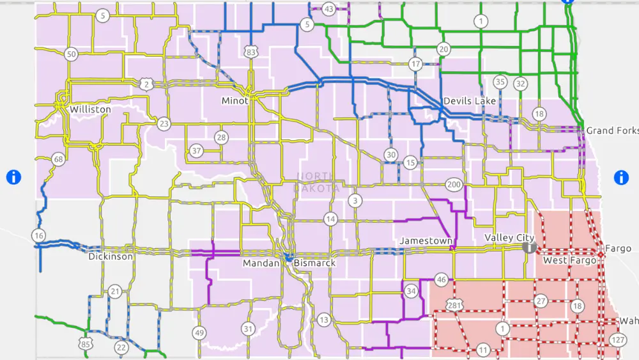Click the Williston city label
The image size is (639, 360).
pyautogui.click(x=90, y=109)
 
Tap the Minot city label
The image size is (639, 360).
pyautogui.click(x=235, y=101)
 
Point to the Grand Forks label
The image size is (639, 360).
pyautogui.click(x=612, y=130)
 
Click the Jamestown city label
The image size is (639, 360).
pyautogui.click(x=426, y=241)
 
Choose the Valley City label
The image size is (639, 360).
pyautogui.click(x=509, y=238)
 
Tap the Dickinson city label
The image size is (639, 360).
pyautogui.click(x=111, y=256)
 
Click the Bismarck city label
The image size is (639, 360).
pyautogui.click(x=314, y=263)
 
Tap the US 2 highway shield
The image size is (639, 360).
pyautogui.click(x=147, y=84)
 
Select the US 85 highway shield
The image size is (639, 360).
pyautogui.click(x=87, y=344)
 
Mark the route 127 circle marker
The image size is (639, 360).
pyautogui.click(x=618, y=339)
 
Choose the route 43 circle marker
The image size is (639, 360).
pyautogui.click(x=329, y=9)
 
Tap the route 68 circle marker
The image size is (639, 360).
pyautogui.click(x=59, y=159)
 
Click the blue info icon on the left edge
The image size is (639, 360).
pyautogui.click(x=13, y=177)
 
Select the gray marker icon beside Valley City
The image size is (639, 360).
pyautogui.click(x=528, y=246)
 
